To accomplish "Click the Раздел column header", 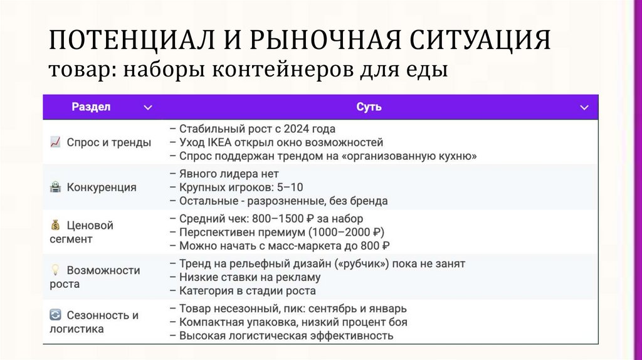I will [91, 107].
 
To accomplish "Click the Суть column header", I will [369, 107].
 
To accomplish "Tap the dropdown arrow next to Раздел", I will [147, 108].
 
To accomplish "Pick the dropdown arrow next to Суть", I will [583, 108].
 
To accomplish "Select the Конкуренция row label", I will [102, 187].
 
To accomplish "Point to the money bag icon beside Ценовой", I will [55, 225].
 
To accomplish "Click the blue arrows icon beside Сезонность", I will [55, 315].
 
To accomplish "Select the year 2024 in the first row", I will [297, 129].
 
